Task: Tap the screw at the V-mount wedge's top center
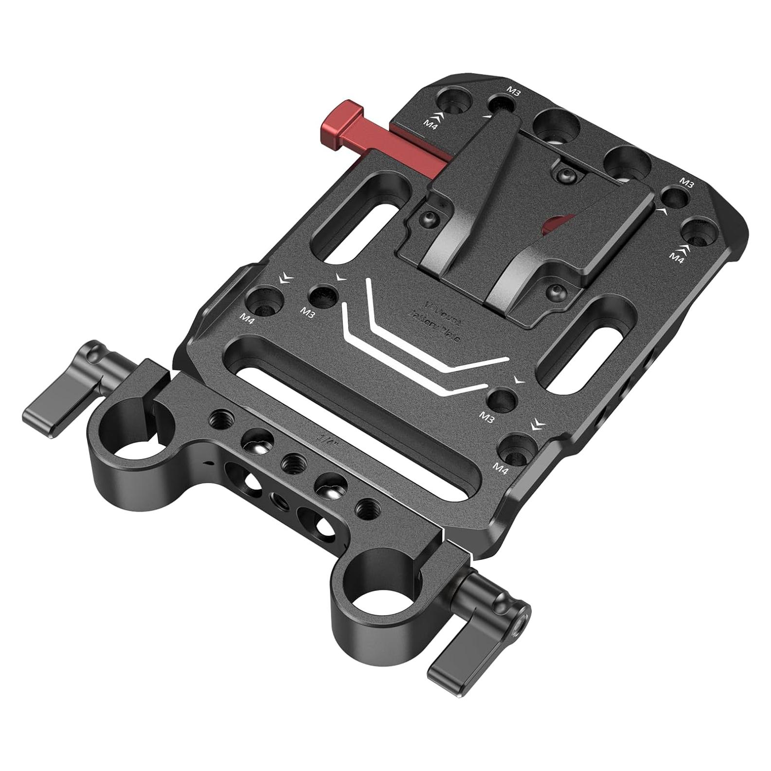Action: pyautogui.click(x=565, y=175)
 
